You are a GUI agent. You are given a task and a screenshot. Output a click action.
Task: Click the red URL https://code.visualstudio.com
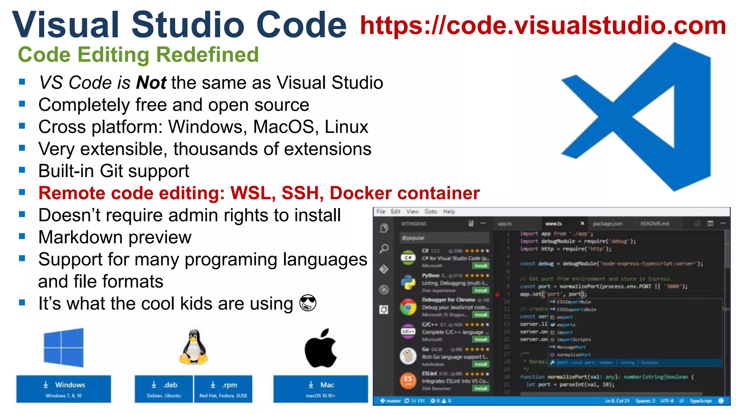click(x=543, y=26)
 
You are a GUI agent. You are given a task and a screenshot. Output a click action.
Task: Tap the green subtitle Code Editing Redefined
click(x=138, y=55)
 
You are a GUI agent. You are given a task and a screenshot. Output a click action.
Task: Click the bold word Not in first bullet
click(x=151, y=83)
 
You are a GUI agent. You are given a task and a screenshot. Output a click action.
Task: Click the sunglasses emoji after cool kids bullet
click(x=308, y=303)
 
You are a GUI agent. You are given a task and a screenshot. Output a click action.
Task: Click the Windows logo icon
click(x=64, y=348)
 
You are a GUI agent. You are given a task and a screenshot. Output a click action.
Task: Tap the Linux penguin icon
click(x=194, y=347)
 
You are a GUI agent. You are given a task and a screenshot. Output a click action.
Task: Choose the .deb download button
click(x=164, y=389)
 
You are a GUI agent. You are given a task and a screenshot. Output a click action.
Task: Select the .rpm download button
click(x=223, y=389)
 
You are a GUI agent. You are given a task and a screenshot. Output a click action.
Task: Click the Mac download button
click(x=321, y=389)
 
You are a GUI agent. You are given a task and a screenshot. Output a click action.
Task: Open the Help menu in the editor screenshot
click(x=449, y=212)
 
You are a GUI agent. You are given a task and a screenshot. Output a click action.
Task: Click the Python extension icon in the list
click(x=408, y=282)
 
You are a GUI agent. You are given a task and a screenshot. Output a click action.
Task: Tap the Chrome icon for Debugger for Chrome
click(x=408, y=307)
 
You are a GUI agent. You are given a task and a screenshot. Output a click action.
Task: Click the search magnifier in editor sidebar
click(x=384, y=248)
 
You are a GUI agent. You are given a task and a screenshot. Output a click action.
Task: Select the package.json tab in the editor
click(x=607, y=224)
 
